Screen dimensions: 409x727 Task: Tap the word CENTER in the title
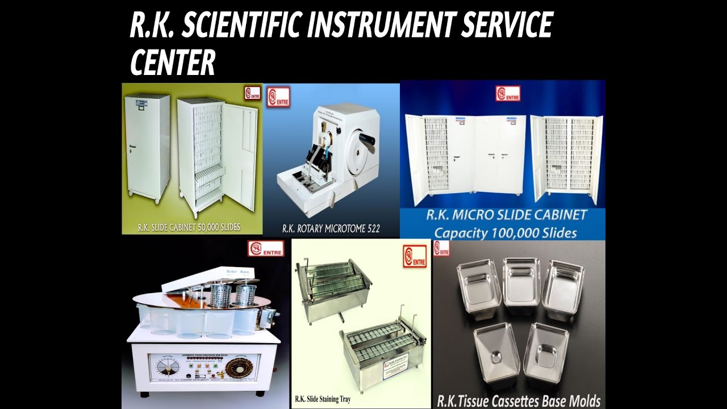[173, 62]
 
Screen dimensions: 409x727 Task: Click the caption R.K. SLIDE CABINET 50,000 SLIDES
[189, 227]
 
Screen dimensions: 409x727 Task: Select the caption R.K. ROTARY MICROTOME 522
[331, 229]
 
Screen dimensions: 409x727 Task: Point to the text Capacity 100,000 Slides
[505, 232]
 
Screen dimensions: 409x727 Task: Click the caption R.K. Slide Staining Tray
[323, 399]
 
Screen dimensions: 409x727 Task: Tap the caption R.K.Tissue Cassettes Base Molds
[519, 401]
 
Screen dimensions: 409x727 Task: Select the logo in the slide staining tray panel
[415, 256]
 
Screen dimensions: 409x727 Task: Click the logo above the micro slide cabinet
[507, 94]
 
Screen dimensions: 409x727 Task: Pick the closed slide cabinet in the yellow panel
[147, 146]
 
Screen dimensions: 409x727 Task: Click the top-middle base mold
[521, 281]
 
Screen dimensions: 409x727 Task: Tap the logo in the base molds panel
[441, 248]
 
